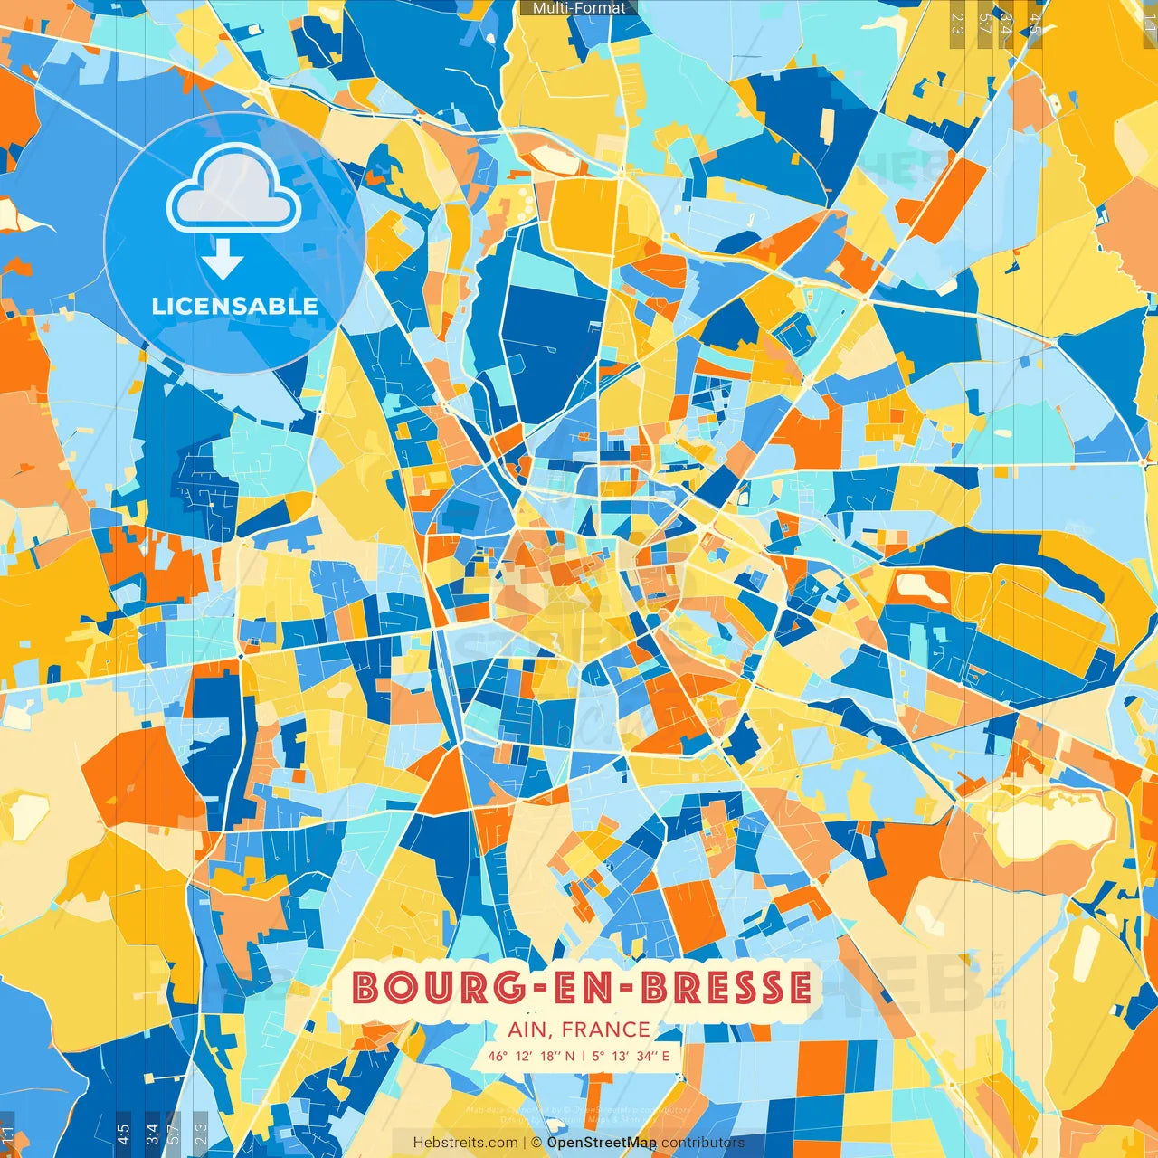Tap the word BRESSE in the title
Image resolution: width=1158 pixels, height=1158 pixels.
726,987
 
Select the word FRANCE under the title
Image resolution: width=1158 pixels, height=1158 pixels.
606,1030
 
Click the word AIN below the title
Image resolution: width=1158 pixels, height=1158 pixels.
528,1030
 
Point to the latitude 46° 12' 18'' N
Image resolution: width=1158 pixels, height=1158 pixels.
531,1056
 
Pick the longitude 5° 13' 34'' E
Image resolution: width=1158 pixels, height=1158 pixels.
631,1056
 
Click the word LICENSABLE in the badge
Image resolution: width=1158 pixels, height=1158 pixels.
235,306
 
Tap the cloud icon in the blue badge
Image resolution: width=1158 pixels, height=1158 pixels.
234,190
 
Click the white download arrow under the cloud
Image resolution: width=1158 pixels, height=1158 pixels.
223,260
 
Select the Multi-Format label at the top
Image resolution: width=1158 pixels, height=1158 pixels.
579,8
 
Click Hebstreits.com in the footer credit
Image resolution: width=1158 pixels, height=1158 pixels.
466,1143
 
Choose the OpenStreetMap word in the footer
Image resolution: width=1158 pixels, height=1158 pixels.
602,1143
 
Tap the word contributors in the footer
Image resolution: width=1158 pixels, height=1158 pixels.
703,1143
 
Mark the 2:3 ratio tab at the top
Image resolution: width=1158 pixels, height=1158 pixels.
957,23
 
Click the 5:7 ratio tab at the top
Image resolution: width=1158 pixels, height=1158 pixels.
984,23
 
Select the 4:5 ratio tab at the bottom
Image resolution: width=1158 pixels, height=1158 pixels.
123,1134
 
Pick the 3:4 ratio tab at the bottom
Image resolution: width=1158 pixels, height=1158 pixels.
152,1134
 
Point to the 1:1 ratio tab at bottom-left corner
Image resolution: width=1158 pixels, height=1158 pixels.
7,1134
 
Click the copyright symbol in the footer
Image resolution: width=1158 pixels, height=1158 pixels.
536,1143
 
